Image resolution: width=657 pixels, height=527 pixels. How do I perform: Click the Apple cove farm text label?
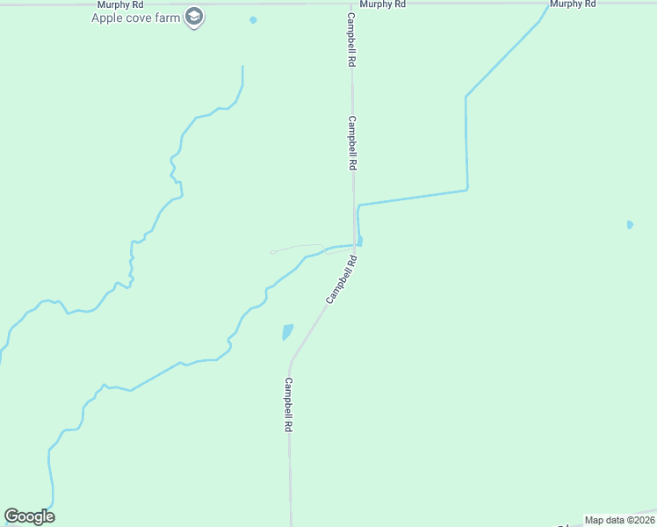point(135,18)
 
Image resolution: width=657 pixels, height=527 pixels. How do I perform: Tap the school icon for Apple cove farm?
point(194,18)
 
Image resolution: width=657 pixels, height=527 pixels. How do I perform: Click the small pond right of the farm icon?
point(253,20)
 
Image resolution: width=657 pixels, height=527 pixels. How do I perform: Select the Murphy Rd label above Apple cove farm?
point(120,4)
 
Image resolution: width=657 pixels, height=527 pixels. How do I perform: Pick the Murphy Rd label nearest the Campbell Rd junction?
point(382,4)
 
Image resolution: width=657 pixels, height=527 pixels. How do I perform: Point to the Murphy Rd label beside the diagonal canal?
point(573,4)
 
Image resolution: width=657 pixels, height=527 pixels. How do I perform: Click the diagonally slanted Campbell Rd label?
point(342,280)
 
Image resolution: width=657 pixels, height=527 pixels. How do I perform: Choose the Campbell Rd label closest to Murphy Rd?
point(351,40)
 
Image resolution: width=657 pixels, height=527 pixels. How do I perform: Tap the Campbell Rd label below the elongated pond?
point(287,404)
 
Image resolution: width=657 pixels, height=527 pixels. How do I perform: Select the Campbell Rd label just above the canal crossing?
point(352,143)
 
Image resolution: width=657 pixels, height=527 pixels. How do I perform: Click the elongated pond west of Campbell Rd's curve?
point(286,332)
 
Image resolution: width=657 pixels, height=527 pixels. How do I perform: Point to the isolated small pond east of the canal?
point(630,225)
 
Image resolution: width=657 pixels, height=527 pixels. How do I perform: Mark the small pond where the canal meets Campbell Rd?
point(361,241)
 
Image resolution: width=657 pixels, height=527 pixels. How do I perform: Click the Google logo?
point(30,516)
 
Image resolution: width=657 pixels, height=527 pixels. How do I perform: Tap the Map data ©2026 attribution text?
point(619,520)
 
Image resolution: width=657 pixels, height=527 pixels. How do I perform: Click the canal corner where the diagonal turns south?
point(466,97)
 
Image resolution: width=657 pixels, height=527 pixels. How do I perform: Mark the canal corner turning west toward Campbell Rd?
point(467,189)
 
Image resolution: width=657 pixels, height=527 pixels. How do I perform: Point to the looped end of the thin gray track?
point(273,252)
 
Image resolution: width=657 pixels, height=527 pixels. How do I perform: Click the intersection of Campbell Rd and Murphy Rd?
point(352,4)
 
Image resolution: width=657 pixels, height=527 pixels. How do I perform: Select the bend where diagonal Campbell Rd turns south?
point(291,363)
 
